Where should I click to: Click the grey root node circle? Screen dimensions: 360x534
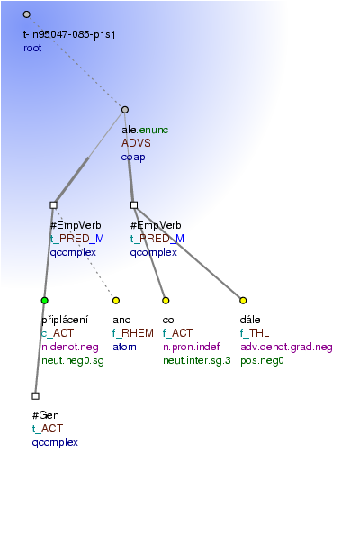(26, 14)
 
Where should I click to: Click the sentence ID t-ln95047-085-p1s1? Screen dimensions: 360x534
(69, 34)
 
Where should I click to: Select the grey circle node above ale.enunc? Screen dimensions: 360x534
(125, 110)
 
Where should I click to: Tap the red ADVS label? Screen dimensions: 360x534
(136, 143)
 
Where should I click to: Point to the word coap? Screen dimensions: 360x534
(133, 157)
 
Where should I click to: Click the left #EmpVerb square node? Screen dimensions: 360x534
(53, 205)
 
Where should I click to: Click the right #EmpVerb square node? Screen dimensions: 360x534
(134, 205)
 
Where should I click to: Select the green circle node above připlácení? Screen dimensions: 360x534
(45, 301)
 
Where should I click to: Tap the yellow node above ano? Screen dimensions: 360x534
(116, 301)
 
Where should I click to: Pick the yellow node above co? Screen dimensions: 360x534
(166, 301)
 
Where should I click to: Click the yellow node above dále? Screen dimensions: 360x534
(243, 301)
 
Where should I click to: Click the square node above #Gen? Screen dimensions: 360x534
(35, 395)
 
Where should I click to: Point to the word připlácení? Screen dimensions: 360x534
(65, 320)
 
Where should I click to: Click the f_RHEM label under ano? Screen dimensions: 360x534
(133, 333)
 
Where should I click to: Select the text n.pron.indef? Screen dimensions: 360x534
(191, 347)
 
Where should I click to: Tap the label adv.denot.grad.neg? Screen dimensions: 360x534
(286, 347)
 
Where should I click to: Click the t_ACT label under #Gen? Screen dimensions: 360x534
(48, 429)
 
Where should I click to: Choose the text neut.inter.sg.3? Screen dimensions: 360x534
(197, 360)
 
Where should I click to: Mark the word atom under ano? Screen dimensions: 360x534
(124, 347)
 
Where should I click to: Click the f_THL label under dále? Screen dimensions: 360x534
(255, 333)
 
